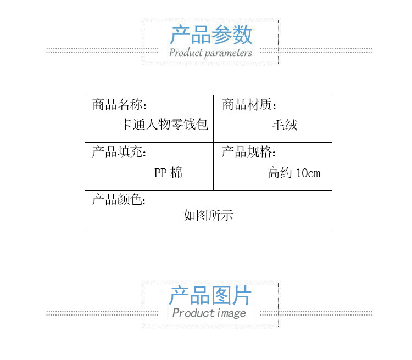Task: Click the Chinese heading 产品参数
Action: pyautogui.click(x=210, y=35)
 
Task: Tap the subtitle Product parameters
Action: pyautogui.click(x=210, y=53)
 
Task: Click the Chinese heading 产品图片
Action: pyautogui.click(x=210, y=296)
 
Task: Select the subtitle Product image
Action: pyautogui.click(x=209, y=313)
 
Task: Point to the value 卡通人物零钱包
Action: pyautogui.click(x=164, y=125)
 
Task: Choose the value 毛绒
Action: pyautogui.click(x=285, y=125)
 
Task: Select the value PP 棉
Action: pyautogui.click(x=168, y=173)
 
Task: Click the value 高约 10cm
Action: pyautogui.click(x=294, y=173)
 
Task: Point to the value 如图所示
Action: pyautogui.click(x=208, y=215)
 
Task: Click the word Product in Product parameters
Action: pyautogui.click(x=185, y=53)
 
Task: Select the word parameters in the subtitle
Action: pyautogui.click(x=229, y=53)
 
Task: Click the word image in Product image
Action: pyautogui.click(x=231, y=313)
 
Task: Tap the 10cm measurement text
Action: pyautogui.click(x=308, y=173)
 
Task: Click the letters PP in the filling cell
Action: pyautogui.click(x=160, y=173)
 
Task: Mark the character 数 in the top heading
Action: pyautogui.click(x=242, y=35)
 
